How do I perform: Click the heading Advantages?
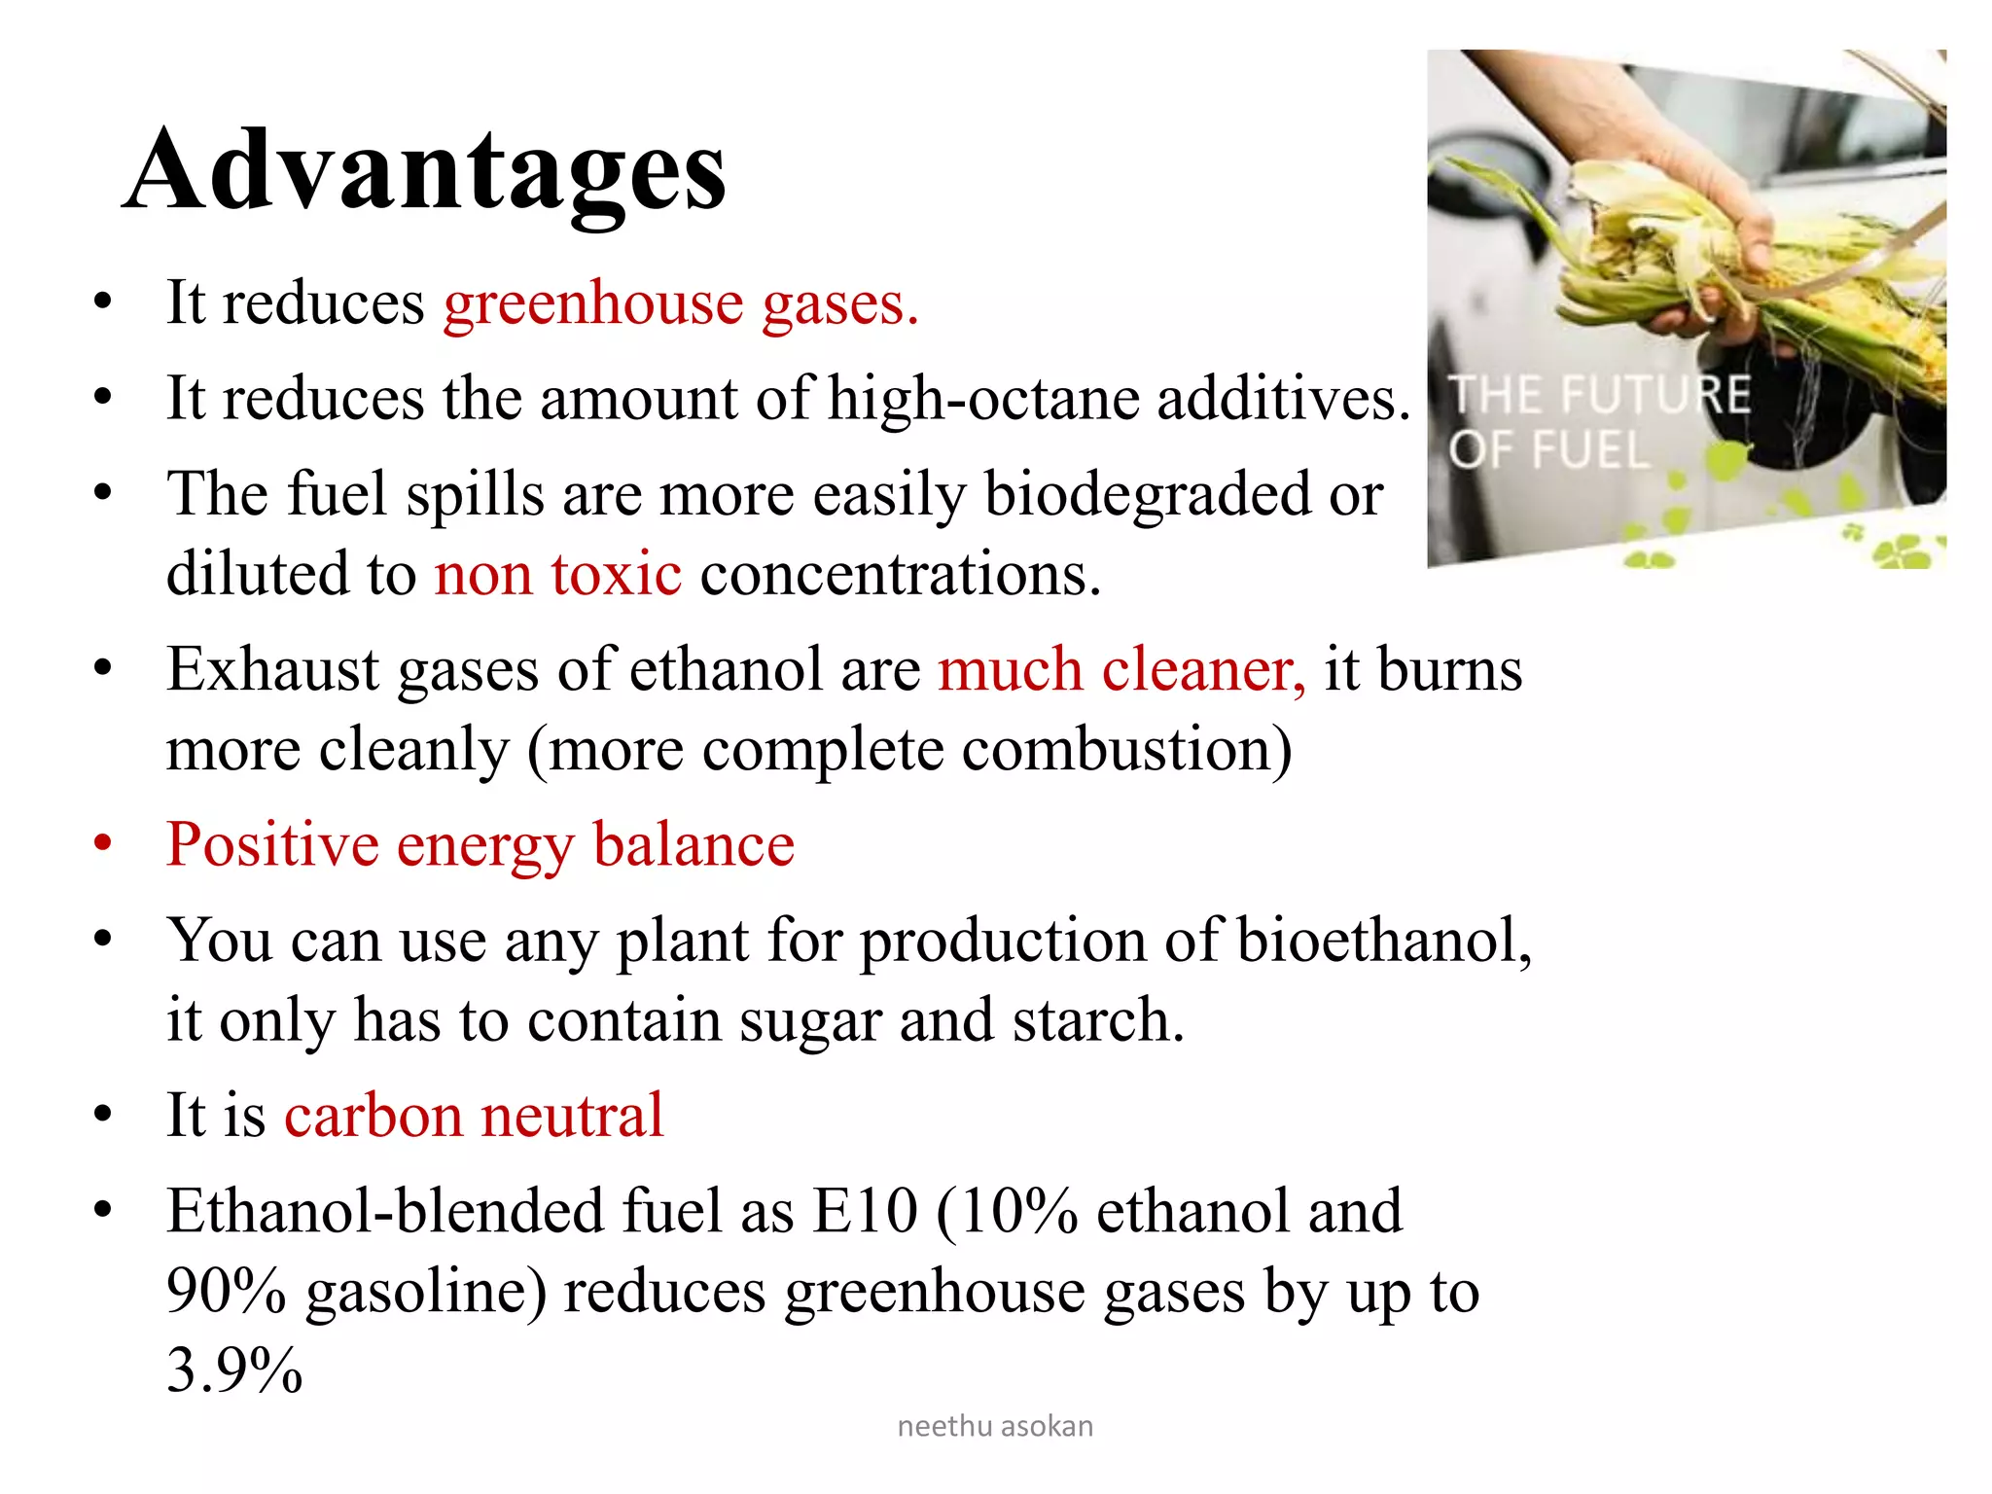coord(424,171)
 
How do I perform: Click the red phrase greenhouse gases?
coord(681,303)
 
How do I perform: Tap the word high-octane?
coord(982,399)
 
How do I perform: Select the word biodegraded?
coord(1148,494)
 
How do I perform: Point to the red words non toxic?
coord(557,574)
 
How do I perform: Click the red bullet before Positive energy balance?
coord(103,843)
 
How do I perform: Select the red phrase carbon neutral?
coord(474,1115)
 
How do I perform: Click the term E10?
coord(865,1212)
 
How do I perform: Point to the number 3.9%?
coord(234,1370)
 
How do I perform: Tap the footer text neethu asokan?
coord(995,1426)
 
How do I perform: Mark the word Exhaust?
coord(271,670)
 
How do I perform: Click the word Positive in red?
coord(272,844)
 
